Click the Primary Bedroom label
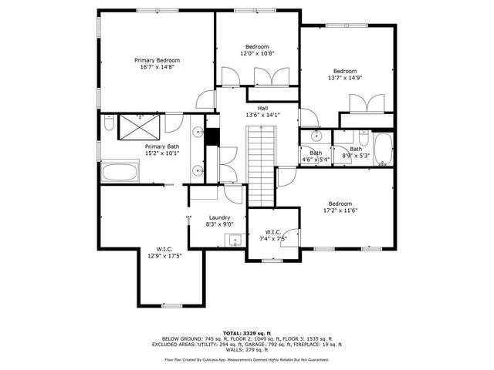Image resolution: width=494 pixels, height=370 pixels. [157, 60]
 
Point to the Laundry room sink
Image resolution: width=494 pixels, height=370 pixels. [235, 240]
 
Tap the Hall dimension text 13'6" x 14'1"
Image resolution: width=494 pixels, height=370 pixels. [262, 116]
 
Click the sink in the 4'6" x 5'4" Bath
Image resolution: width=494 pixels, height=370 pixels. [316, 136]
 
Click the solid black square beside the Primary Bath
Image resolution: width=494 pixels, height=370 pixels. [212, 135]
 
